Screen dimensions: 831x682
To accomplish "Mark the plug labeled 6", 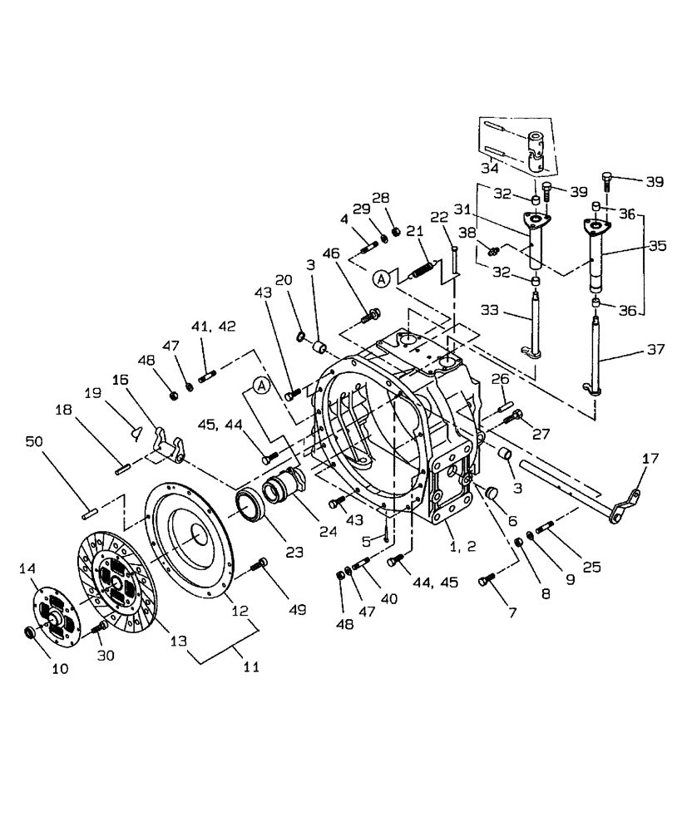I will point(492,494).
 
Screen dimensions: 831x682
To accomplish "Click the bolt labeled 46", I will point(375,315).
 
